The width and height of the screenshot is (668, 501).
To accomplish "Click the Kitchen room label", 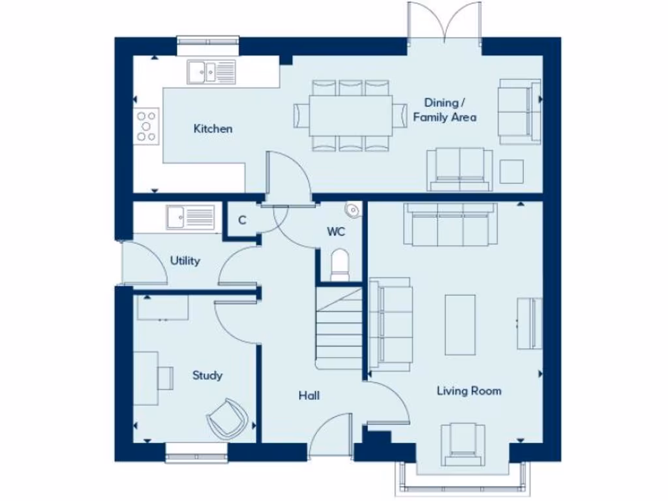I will coord(213,129).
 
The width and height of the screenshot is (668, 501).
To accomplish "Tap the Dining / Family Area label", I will coord(444,110).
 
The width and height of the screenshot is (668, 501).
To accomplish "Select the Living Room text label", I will coord(468,391).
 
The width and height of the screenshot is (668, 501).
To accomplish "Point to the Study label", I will coord(207,375).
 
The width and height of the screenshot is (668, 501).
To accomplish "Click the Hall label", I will coord(309,395).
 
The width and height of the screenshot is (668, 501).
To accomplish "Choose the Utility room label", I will coord(185,261).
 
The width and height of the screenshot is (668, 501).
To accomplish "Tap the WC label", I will coord(336,232).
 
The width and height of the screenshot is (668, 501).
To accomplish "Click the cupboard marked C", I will coord(242,220).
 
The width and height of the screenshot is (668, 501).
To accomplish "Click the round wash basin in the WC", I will coord(352,209).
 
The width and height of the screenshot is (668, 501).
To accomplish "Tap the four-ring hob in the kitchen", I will coord(147,124).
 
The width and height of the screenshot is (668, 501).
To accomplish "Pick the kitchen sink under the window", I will coord(211,71).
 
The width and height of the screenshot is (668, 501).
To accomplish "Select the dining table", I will coord(351,115).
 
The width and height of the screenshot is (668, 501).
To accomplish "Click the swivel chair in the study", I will coord(228,417).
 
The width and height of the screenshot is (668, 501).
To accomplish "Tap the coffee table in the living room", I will coord(460,324).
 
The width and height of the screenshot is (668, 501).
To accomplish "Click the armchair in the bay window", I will coord(463,443).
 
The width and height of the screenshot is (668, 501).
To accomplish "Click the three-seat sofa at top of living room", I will coord(450,224).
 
